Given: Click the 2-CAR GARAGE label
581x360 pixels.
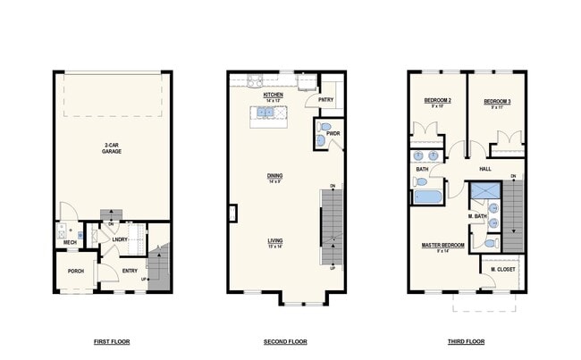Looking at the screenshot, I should [112, 147].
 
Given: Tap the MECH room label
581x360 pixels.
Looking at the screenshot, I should [70, 243].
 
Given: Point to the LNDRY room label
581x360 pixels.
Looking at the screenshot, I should [119, 239].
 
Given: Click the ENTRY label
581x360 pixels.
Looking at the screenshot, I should [130, 272].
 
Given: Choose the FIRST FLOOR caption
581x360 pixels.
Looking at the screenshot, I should [112, 342].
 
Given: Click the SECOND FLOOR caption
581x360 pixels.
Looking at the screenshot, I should [285, 342].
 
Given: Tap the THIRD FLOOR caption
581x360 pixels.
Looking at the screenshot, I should [466, 342].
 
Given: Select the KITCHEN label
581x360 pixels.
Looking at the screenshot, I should [273, 94].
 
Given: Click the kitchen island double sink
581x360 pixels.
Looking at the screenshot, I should [266, 113].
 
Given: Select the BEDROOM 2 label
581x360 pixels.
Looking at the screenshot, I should [437, 102].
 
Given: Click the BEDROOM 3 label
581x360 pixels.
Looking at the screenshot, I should [497, 102].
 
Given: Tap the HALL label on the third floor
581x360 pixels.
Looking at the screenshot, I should [485, 168].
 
